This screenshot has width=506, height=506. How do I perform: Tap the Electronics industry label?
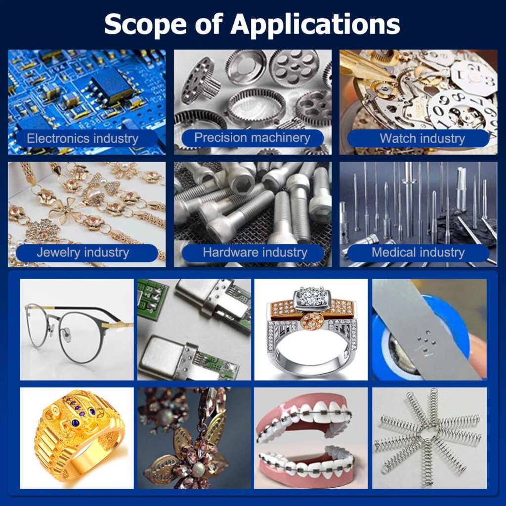point(83,138)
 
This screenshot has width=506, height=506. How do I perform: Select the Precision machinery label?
point(252,137)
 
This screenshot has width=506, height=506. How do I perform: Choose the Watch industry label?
point(422,138)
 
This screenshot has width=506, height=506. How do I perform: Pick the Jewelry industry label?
point(83,253)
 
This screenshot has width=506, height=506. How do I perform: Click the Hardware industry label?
point(254,253)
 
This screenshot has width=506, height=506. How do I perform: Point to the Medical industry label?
point(418,253)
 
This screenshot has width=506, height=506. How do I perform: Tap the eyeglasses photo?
point(77,330)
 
